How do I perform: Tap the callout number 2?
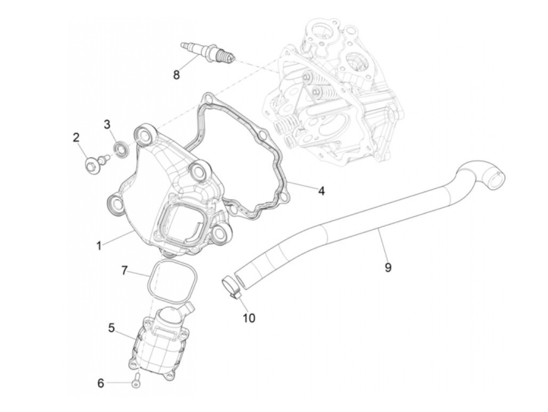click(x=76, y=137)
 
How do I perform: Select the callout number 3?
click(x=107, y=125)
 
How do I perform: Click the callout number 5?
click(x=112, y=328)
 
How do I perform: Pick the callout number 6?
click(x=101, y=383)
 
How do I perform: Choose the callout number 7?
click(x=124, y=270)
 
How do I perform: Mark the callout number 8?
click(x=177, y=74)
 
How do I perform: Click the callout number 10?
click(x=249, y=318)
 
